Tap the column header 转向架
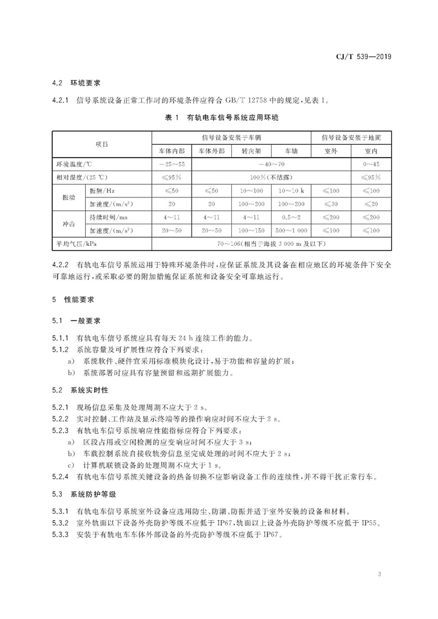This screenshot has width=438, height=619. pyautogui.click(x=252, y=151)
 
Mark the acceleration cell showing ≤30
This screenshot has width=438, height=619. pyautogui.click(x=332, y=204)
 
